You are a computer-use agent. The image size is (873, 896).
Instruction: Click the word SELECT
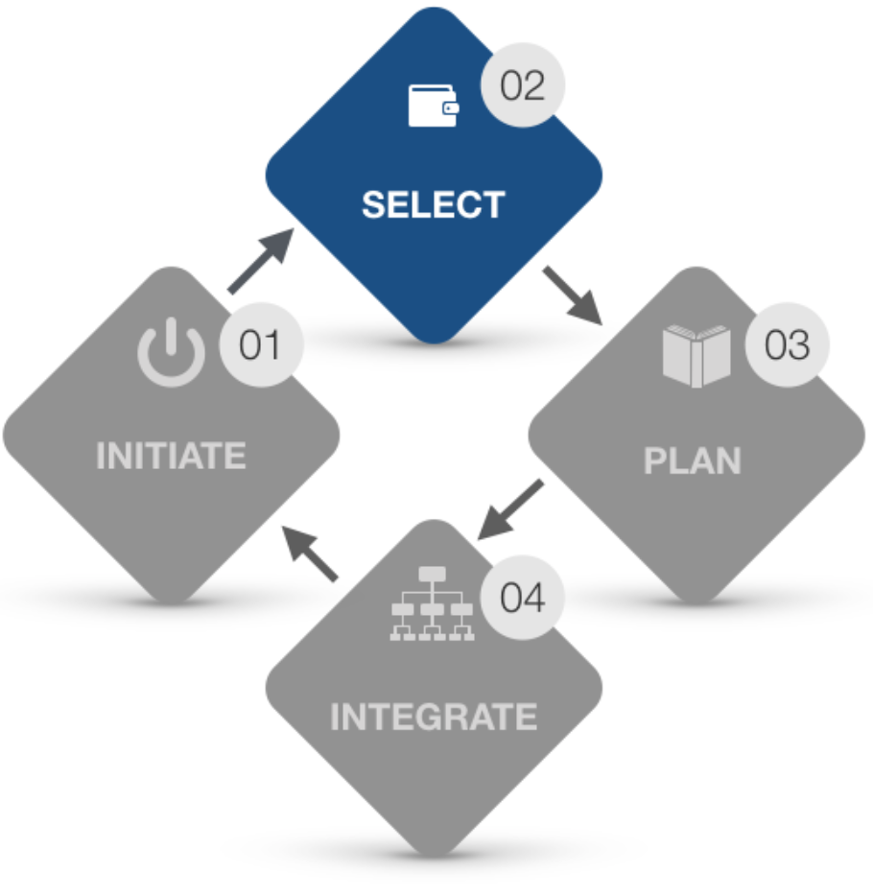(433, 205)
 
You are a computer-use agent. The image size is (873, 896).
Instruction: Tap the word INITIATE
(171, 456)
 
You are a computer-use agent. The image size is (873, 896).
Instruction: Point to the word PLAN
(692, 461)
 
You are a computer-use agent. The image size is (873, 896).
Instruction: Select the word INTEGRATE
(433, 717)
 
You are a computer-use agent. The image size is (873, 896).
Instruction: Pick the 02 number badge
(522, 86)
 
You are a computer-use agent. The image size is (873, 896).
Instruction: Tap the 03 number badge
(786, 345)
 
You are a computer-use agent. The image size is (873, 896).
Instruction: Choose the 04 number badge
(522, 599)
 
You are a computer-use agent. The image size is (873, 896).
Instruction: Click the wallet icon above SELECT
(433, 106)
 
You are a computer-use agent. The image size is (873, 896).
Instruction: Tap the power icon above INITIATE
(171, 352)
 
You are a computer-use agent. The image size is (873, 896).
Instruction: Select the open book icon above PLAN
(696, 355)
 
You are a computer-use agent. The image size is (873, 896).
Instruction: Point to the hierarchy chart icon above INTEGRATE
(433, 604)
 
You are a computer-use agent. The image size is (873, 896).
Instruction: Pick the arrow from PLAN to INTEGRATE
(511, 509)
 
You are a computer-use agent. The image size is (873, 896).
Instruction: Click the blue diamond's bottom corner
(434, 339)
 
